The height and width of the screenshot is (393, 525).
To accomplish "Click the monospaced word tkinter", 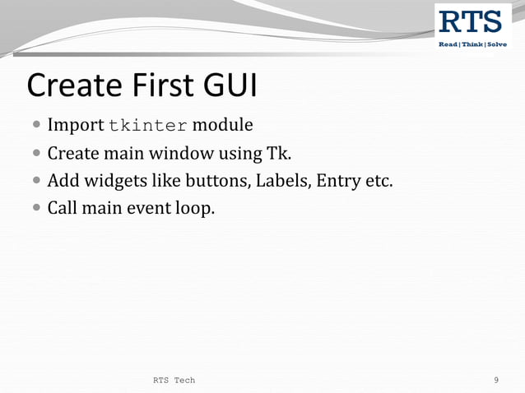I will pyautogui.click(x=148, y=126).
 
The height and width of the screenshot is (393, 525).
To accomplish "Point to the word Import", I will pyautogui.click(x=75, y=126).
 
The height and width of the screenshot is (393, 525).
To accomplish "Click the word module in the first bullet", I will pyautogui.click(x=222, y=126).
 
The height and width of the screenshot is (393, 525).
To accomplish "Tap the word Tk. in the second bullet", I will pyautogui.click(x=281, y=154).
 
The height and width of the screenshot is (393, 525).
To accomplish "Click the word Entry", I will pyautogui.click(x=337, y=181).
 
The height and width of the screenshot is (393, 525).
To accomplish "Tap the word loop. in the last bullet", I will pyautogui.click(x=195, y=208).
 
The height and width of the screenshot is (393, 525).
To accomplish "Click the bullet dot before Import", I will pyautogui.click(x=37, y=127).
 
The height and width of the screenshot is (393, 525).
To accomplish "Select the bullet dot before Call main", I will pyautogui.click(x=37, y=209).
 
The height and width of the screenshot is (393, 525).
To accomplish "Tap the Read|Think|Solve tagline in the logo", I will pyautogui.click(x=472, y=44).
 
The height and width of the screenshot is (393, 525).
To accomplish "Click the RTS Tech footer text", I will pyautogui.click(x=174, y=380).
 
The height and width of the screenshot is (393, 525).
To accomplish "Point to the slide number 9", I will pyautogui.click(x=496, y=380).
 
